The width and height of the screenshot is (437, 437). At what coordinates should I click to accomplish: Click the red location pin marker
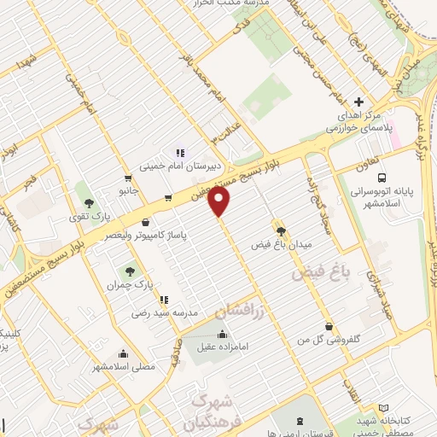click(x=220, y=202)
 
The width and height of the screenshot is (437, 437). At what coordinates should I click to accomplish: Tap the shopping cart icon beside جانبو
click(x=128, y=178)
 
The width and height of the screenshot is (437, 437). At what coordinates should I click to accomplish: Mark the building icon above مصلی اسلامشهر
click(x=125, y=353)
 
